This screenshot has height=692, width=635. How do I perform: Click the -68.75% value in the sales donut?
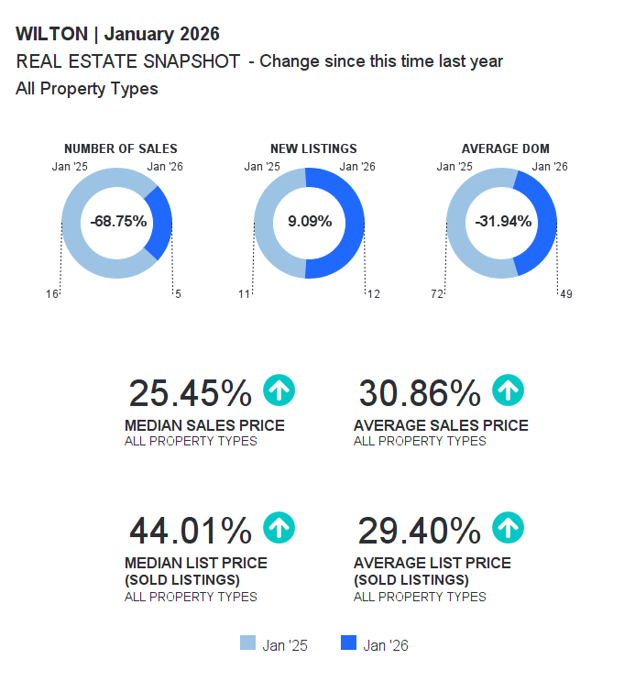coord(117,222)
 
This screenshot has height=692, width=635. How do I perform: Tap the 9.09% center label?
coord(309,222)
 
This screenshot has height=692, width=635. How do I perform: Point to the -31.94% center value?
coord(502,222)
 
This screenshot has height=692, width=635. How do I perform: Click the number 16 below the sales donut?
coord(52,294)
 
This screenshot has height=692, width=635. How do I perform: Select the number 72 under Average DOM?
coord(437,294)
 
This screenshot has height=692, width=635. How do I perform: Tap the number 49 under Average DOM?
coord(565,294)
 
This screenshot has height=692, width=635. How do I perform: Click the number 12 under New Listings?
coord(373,294)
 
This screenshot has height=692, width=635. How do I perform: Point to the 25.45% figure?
coord(190,393)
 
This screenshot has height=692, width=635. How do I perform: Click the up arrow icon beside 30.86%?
coord(509,391)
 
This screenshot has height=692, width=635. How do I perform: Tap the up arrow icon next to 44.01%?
coord(279,529)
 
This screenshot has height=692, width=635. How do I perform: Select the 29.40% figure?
coord(419,531)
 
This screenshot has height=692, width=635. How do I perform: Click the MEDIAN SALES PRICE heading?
coord(204,425)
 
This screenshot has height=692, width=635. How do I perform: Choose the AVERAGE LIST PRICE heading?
coord(432,563)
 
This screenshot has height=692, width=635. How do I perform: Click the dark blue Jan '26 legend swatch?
coord(348,643)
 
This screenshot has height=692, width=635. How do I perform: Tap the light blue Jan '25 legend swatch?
coord(247,643)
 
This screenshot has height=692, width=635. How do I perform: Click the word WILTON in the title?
coord(52,35)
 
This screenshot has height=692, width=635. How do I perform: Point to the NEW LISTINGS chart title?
coord(313,148)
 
